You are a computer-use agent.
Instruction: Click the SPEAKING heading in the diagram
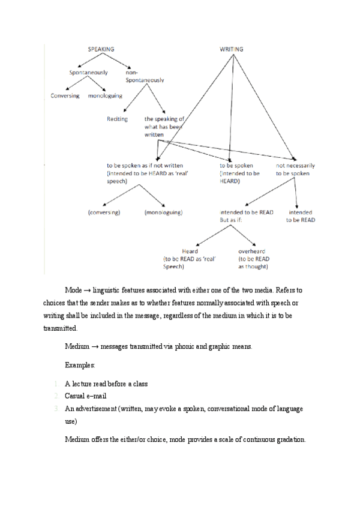pyautogui.click(x=101, y=49)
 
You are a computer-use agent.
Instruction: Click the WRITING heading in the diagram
pyautogui.click(x=231, y=49)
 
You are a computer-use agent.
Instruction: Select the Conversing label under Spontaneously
pyautogui.click(x=65, y=96)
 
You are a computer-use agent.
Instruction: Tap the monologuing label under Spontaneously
pyautogui.click(x=105, y=96)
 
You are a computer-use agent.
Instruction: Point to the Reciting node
pyautogui.click(x=117, y=119)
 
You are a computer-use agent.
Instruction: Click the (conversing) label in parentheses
pyautogui.click(x=104, y=212)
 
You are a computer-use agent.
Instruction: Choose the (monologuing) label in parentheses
pyautogui.click(x=163, y=212)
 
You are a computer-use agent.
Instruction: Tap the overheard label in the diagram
pyautogui.click(x=252, y=251)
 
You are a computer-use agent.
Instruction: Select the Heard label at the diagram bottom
pyautogui.click(x=190, y=251)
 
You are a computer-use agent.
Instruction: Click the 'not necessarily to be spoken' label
pyautogui.click(x=295, y=169)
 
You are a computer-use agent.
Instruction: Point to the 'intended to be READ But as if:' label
pyautogui.click(x=246, y=216)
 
